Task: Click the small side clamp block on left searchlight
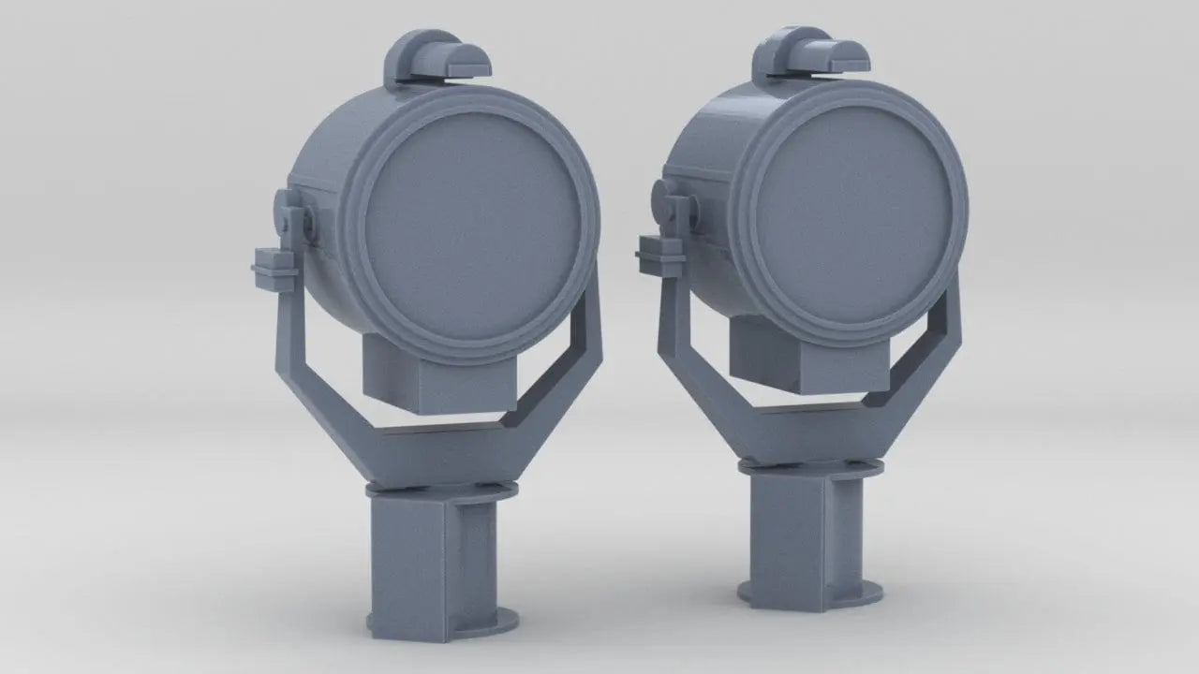(274, 265)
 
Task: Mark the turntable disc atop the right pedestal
(809, 465)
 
